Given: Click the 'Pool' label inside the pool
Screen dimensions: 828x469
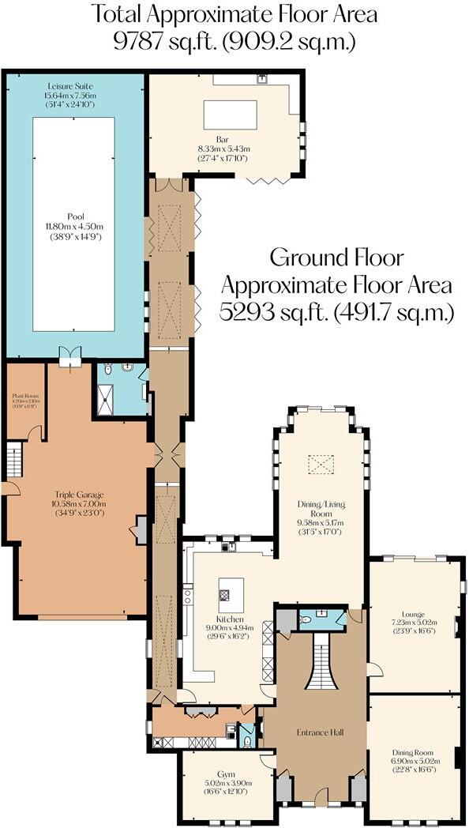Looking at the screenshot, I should click(76, 216).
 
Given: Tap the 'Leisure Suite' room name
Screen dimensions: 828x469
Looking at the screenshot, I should click(70, 84).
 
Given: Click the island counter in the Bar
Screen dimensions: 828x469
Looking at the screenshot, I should click(230, 115).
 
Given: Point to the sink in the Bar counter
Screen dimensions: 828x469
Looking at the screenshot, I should click(262, 78).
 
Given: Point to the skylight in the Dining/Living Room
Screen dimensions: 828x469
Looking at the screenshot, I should click(321, 465).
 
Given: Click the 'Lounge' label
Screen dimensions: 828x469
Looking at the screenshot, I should click(413, 614).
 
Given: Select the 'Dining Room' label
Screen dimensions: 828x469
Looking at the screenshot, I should click(413, 752).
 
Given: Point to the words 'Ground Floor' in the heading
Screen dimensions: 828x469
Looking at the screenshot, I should click(338, 258).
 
